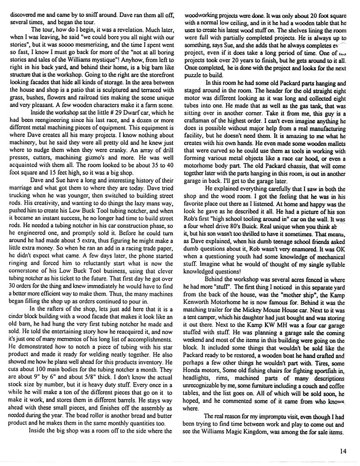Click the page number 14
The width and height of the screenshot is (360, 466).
pyautogui.click(x=343, y=451)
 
